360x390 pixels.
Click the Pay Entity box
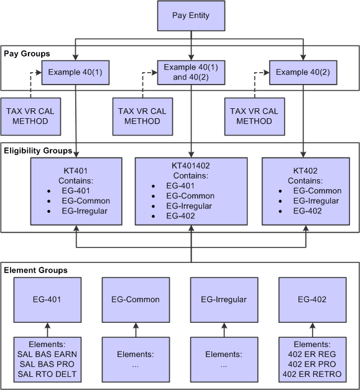(x=191, y=16)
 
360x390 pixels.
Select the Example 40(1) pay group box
(x=75, y=73)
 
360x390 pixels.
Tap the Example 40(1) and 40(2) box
(x=191, y=73)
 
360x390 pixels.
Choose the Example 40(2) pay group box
(x=304, y=73)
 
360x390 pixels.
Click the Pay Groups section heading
(x=27, y=54)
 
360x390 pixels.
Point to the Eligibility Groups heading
(x=38, y=151)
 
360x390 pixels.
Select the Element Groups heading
(x=35, y=271)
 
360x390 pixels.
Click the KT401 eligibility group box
(x=75, y=191)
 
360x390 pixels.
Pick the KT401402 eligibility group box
(x=191, y=191)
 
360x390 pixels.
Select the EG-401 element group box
(x=48, y=299)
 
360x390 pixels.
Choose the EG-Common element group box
(x=136, y=299)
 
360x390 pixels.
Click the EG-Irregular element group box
(x=223, y=299)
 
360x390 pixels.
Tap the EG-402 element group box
(x=311, y=299)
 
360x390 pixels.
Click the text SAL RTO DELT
(x=47, y=374)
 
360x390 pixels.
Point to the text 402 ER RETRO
(x=312, y=374)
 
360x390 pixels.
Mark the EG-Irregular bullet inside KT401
(x=85, y=211)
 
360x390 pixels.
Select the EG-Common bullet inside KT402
(x=316, y=191)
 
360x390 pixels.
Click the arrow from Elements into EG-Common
(x=136, y=328)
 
